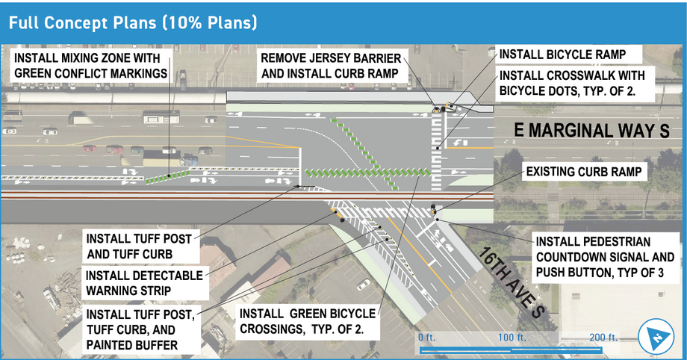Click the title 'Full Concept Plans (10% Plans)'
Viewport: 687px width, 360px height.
coord(133,22)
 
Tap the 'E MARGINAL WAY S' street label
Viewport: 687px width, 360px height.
coord(592,131)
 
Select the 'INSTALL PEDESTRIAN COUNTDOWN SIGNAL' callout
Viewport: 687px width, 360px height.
coord(605,257)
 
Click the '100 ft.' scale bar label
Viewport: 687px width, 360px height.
coord(512,338)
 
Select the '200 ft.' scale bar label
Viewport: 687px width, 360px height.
coord(602,338)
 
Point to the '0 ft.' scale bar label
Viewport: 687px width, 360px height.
coord(426,338)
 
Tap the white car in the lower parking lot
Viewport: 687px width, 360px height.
coord(363,284)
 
